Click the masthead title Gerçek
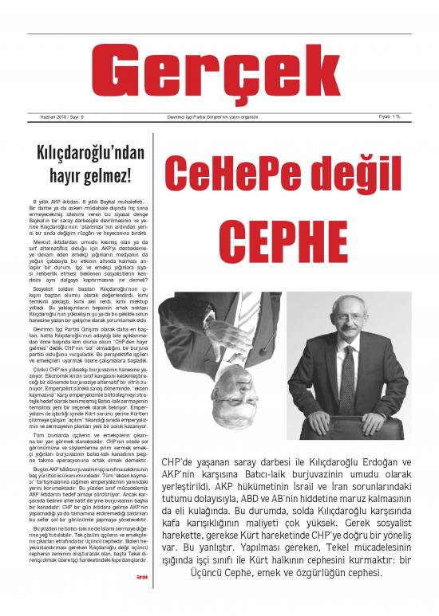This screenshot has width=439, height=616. coord(219,71)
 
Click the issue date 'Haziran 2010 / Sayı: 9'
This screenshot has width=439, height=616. coord(63,117)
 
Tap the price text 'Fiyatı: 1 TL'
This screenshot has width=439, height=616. coord(389,117)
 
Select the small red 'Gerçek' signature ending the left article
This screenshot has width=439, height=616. coord(142,598)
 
